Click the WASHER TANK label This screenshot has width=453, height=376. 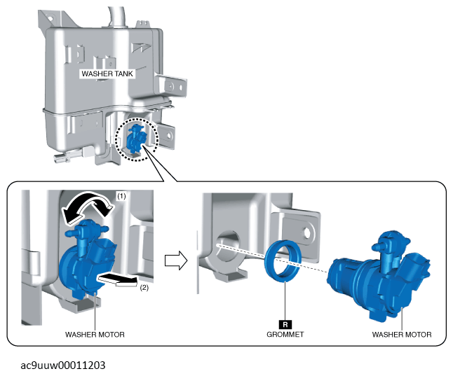pyautogui.click(x=107, y=74)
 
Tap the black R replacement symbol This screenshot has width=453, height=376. pyautogui.click(x=285, y=325)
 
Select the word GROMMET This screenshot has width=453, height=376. pyautogui.click(x=285, y=335)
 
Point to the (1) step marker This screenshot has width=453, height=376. pyautogui.click(x=121, y=196)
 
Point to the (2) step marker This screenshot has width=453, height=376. pyautogui.click(x=144, y=288)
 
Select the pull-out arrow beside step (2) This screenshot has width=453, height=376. pyautogui.click(x=118, y=280)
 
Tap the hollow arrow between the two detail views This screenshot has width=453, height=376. pyautogui.click(x=176, y=260)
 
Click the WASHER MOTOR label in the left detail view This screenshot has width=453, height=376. pyautogui.click(x=95, y=335)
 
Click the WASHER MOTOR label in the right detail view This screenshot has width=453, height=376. pyautogui.click(x=402, y=335)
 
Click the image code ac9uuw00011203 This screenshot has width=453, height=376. pyautogui.click(x=63, y=365)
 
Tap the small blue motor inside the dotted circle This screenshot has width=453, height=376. pyautogui.click(x=136, y=139)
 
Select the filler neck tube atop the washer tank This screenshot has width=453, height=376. pyautogui.click(x=117, y=18)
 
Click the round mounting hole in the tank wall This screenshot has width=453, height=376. pyautogui.click(x=228, y=246)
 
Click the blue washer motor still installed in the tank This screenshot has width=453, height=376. pyautogui.click(x=87, y=260)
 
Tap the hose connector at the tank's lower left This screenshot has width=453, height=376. pyautogui.click(x=68, y=156)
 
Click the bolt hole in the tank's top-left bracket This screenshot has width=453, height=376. pyautogui.click(x=50, y=18)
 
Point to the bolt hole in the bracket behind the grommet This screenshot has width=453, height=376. pyautogui.click(x=307, y=232)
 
